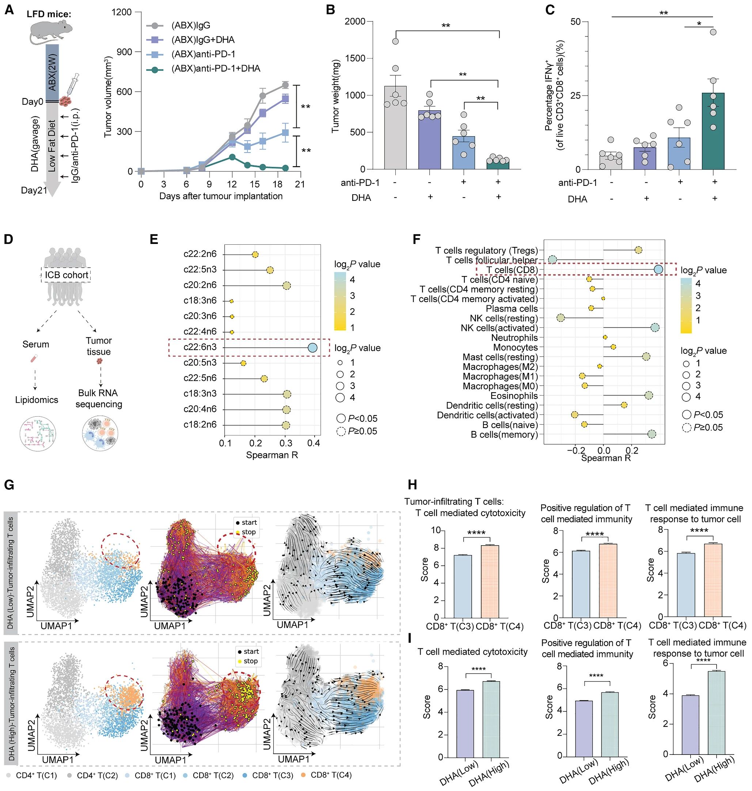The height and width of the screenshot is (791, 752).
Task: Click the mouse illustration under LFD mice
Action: click(51, 31)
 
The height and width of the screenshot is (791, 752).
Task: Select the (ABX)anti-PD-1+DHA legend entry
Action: click(216, 69)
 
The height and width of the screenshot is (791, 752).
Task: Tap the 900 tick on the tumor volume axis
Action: click(124, 52)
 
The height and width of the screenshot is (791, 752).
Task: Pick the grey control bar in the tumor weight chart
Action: click(395, 128)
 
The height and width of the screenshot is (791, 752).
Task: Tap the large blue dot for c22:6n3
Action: click(312, 347)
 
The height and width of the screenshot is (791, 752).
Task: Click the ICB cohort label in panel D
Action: click(66, 275)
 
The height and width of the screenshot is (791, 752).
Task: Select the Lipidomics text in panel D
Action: click(37, 400)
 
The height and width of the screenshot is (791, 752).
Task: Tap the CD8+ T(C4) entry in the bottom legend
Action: click(331, 775)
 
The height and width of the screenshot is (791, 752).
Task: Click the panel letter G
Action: click(9, 485)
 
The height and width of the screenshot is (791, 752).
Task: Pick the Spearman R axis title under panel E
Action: click(272, 455)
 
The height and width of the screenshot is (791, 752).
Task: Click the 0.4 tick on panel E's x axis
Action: click(314, 443)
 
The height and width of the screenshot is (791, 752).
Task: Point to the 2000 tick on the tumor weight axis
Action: click(355, 22)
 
